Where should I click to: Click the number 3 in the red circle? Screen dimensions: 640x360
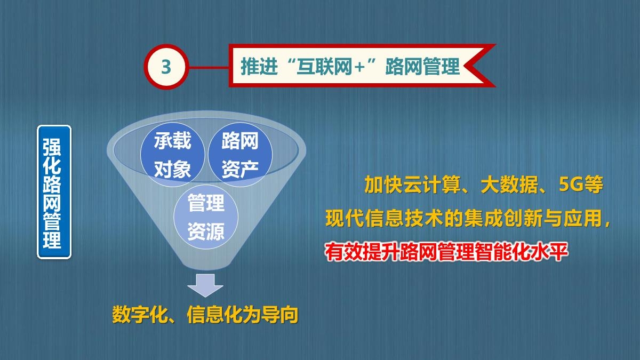pyautogui.click(x=166, y=67)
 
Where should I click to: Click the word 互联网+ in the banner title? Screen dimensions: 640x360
pyautogui.click(x=331, y=67)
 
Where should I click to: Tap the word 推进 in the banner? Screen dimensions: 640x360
pyautogui.click(x=259, y=67)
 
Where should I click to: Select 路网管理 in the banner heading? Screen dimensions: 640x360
pyautogui.click(x=422, y=67)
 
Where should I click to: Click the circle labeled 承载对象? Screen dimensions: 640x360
pyautogui.click(x=173, y=155)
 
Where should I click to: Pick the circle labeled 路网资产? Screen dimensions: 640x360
pyautogui.click(x=240, y=155)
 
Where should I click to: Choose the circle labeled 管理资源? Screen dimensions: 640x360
pyautogui.click(x=206, y=217)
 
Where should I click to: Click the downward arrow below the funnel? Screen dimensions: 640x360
pyautogui.click(x=205, y=285)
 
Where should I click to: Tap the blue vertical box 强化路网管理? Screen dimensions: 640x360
pyautogui.click(x=54, y=192)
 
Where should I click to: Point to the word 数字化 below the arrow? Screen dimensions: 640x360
pyautogui.click(x=140, y=315)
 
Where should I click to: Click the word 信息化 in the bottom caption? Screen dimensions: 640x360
pyautogui.click(x=214, y=315)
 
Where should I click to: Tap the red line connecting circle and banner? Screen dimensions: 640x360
pyautogui.click(x=209, y=67)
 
